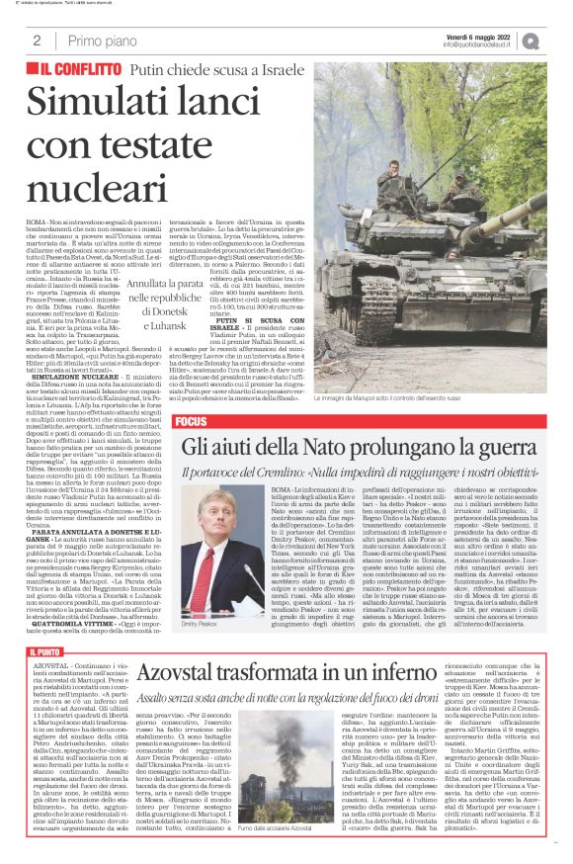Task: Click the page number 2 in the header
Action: tap(37, 41)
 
